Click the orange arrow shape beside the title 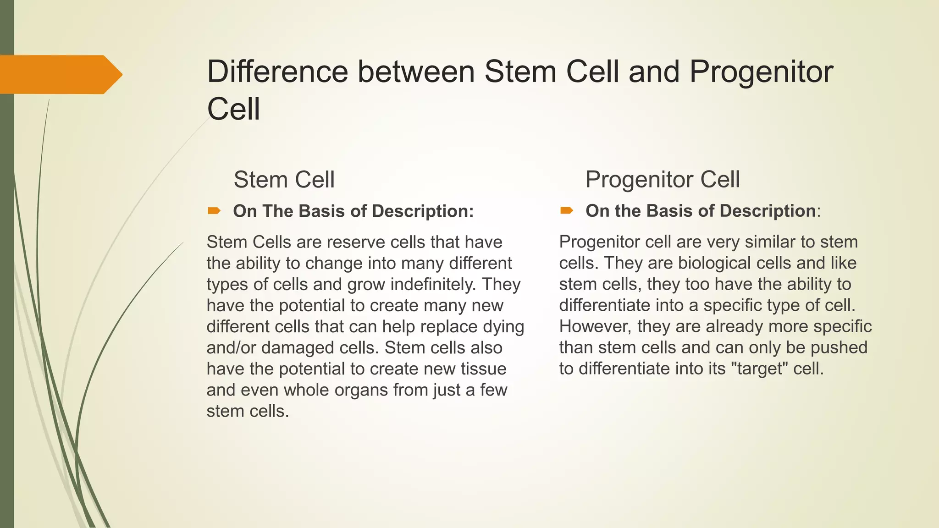coord(60,74)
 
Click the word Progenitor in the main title coord(761,72)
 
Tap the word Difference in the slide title coord(277,72)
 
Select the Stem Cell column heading coord(284,179)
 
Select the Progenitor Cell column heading coord(663,179)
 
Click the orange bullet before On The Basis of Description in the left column coord(214,211)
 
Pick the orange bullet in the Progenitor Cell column coord(567,211)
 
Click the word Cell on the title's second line coord(233,109)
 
